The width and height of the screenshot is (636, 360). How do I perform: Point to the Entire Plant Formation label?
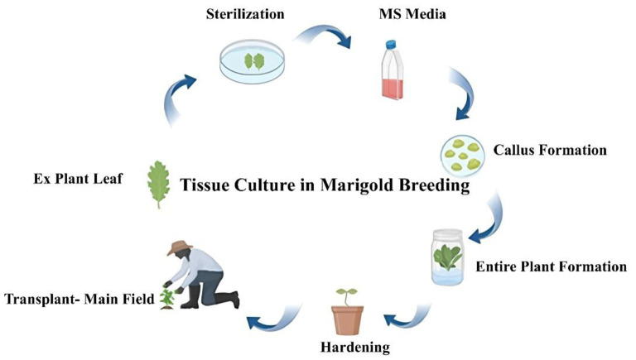551,267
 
